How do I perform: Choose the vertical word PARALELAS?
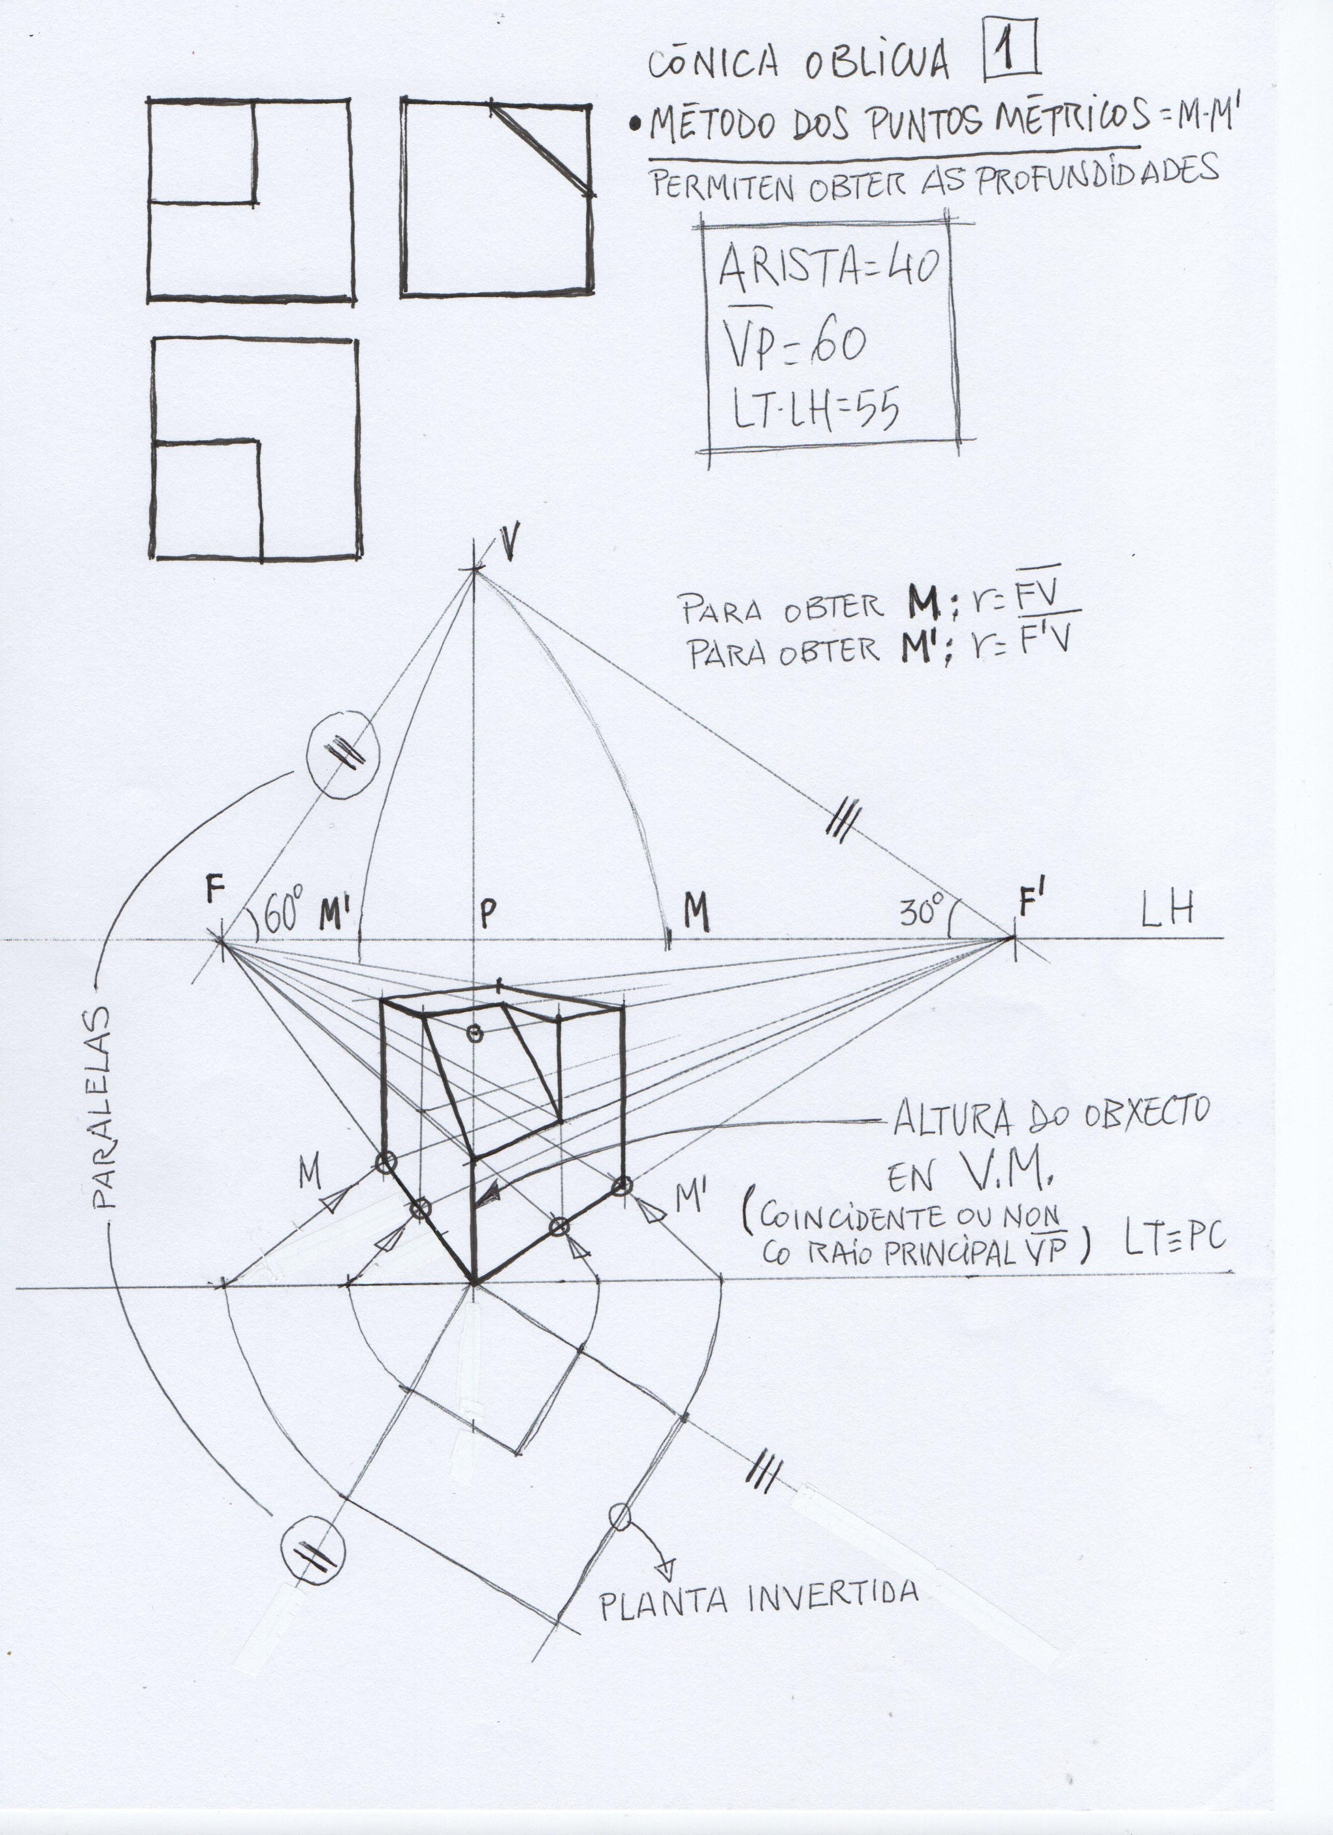pyautogui.click(x=105, y=1107)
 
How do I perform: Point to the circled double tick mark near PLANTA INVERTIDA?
pyautogui.click(x=312, y=1547)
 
